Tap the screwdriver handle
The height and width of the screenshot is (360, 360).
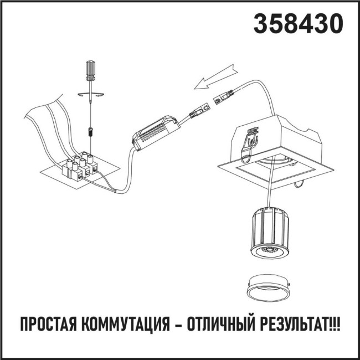[90, 70]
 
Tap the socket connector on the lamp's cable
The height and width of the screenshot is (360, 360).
[223, 98]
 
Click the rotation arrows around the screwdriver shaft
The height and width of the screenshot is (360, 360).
[90, 95]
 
